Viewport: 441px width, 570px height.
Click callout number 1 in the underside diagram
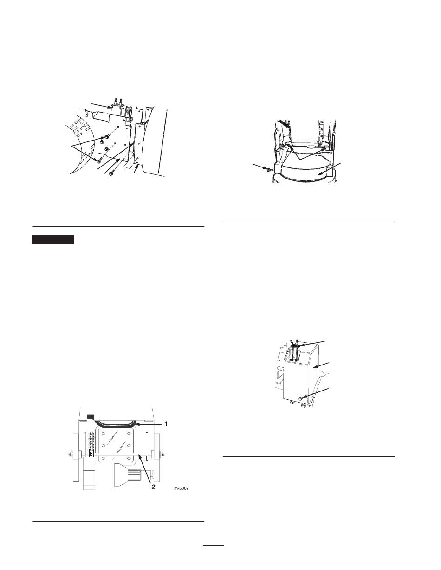click(x=166, y=424)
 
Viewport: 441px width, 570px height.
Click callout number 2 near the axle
click(x=153, y=487)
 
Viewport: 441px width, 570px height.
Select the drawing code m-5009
click(x=181, y=488)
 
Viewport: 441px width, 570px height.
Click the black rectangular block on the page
click(x=53, y=240)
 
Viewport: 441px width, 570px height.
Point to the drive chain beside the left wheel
click(x=91, y=445)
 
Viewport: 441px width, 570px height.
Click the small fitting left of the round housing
click(x=268, y=170)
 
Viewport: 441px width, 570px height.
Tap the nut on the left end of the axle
click(x=70, y=454)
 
